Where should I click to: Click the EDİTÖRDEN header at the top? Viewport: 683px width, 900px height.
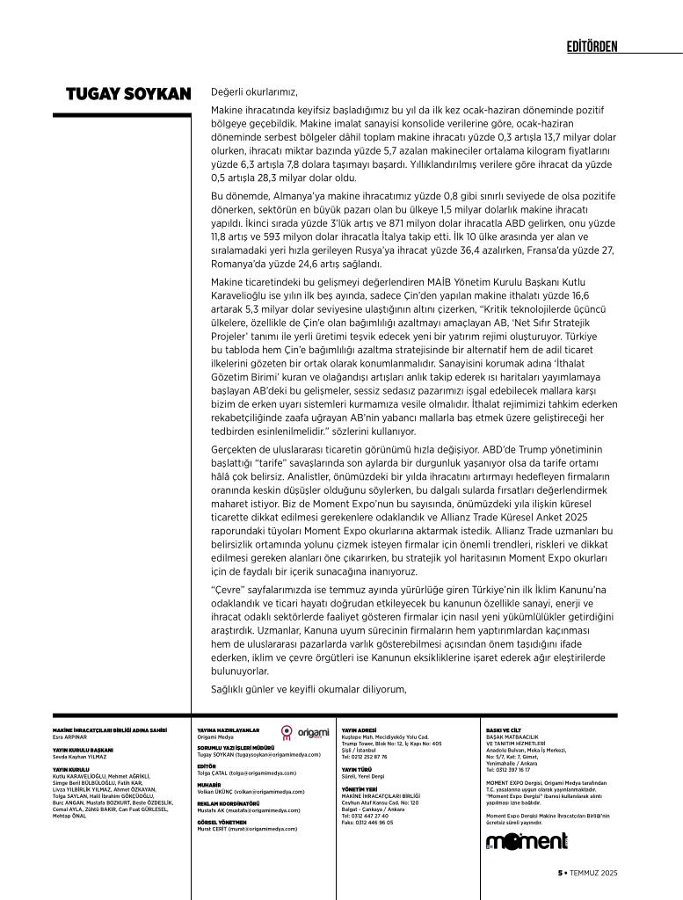(592, 46)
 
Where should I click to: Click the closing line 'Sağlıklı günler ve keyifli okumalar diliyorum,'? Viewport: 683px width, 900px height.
(309, 689)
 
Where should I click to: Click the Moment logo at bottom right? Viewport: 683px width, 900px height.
(527, 842)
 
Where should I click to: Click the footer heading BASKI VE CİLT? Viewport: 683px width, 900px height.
(503, 729)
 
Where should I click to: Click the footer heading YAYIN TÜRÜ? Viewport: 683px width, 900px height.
(356, 769)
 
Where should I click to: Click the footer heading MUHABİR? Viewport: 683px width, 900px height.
(209, 784)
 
